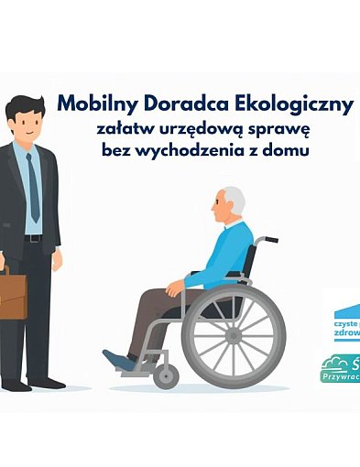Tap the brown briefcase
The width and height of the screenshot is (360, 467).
tap(12, 294)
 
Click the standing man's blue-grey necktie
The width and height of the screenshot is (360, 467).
tap(34, 188)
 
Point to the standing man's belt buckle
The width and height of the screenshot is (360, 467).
tap(33, 238)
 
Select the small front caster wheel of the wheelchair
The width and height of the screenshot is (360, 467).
tap(167, 374)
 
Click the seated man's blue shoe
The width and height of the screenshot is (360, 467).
tap(120, 361)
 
